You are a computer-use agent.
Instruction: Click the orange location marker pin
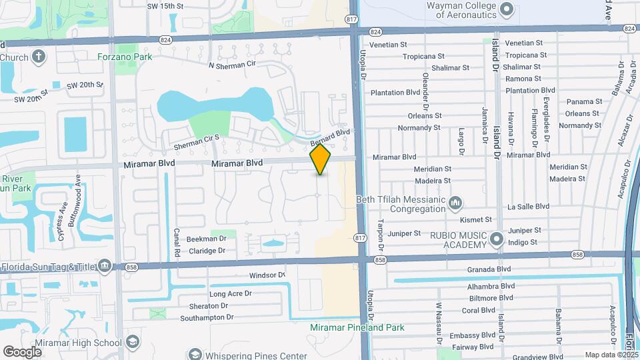(x=321, y=159)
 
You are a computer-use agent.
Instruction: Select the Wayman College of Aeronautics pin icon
(x=506, y=9)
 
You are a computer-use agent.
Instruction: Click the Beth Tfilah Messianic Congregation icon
(x=456, y=201)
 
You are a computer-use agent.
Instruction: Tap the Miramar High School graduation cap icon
(x=133, y=343)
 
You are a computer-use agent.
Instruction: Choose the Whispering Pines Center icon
(x=195, y=354)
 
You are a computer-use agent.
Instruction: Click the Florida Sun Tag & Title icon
(x=105, y=267)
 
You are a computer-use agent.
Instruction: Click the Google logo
(x=22, y=351)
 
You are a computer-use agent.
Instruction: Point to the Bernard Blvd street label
(x=330, y=137)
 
